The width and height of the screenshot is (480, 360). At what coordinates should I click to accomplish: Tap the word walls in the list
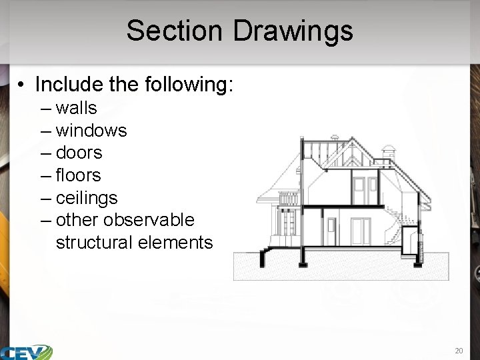point(76,108)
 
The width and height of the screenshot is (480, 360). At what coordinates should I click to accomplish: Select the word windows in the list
point(91,131)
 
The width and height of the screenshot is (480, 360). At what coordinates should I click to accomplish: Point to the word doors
point(79,153)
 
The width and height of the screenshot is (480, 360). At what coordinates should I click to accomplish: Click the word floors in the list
point(78,175)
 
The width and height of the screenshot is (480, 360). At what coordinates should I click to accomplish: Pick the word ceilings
point(87,198)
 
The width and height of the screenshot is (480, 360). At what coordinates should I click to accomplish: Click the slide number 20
point(458,350)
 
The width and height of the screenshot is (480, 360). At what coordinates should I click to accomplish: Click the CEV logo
point(27,351)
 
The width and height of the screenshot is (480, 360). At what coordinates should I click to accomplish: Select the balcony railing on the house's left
point(288,199)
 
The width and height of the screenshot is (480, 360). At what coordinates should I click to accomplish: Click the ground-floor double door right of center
point(360,231)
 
